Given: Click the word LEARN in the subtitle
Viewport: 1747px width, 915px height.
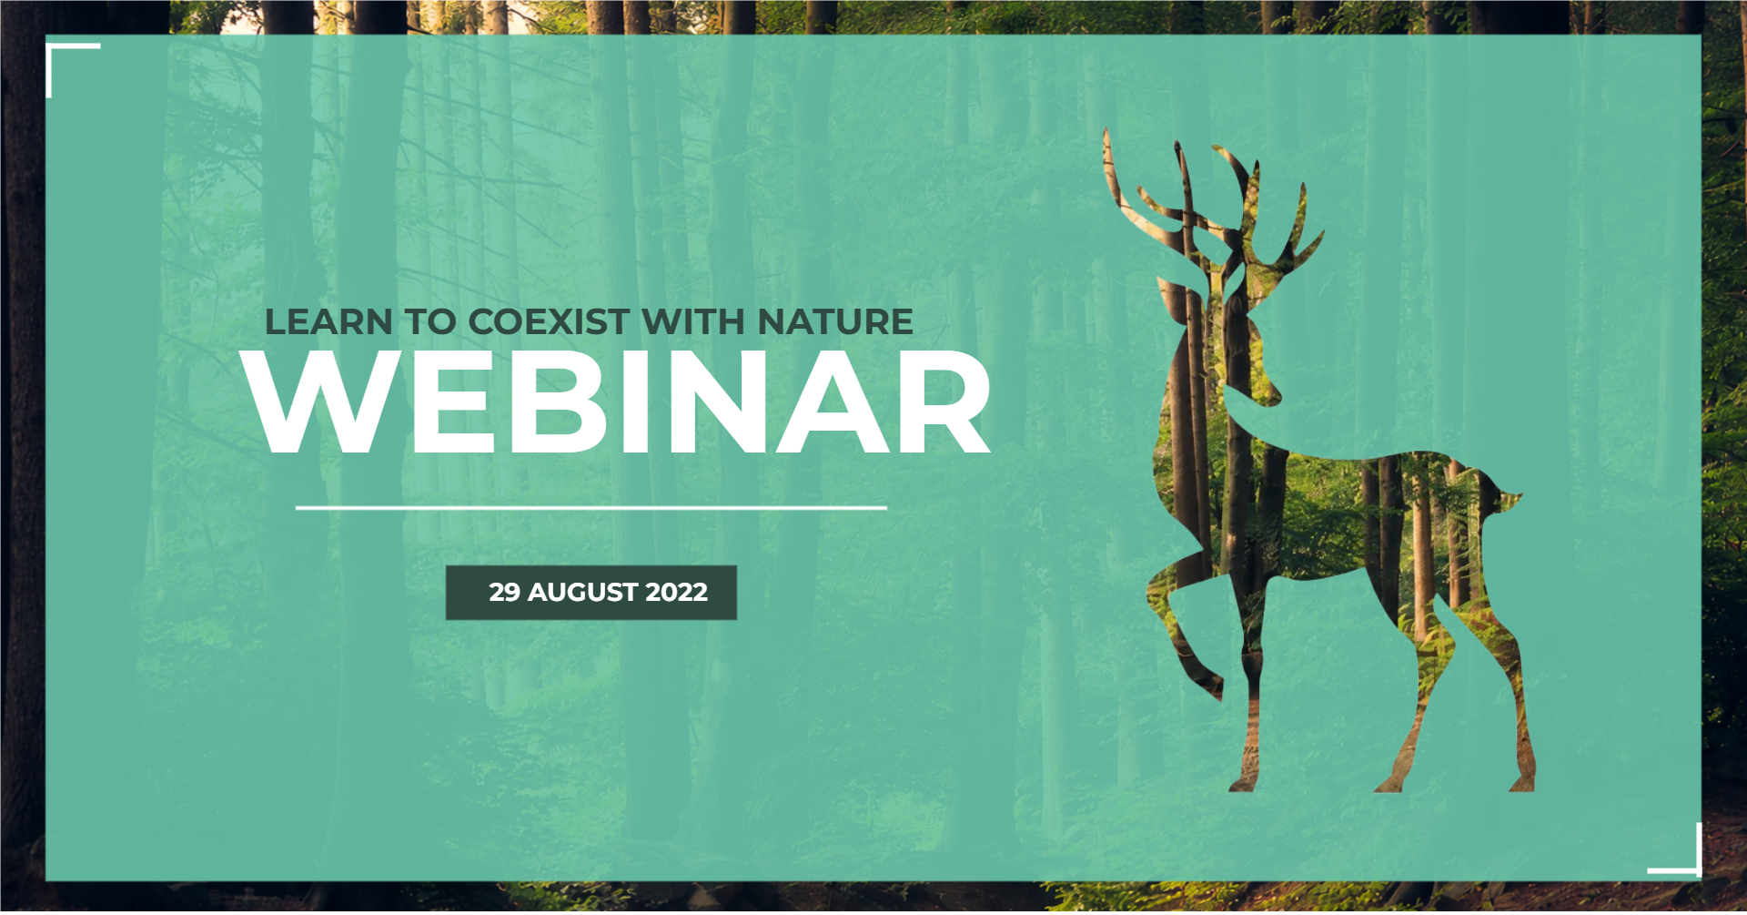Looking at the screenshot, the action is coord(328,322).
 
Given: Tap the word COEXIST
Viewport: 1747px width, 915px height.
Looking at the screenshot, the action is coord(549,322).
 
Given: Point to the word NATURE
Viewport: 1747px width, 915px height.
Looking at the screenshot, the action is coord(835,322).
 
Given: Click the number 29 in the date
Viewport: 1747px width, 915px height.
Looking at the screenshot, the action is coord(504,593).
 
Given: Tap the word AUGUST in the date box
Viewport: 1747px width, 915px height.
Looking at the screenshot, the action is coord(582,593).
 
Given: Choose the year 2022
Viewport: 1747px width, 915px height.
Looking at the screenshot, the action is coord(676,593).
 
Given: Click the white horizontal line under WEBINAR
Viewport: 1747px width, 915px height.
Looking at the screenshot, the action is coord(591,508).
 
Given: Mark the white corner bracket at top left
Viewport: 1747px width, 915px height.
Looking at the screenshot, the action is coord(51,49).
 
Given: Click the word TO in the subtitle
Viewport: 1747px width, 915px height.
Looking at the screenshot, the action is coord(430,322).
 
